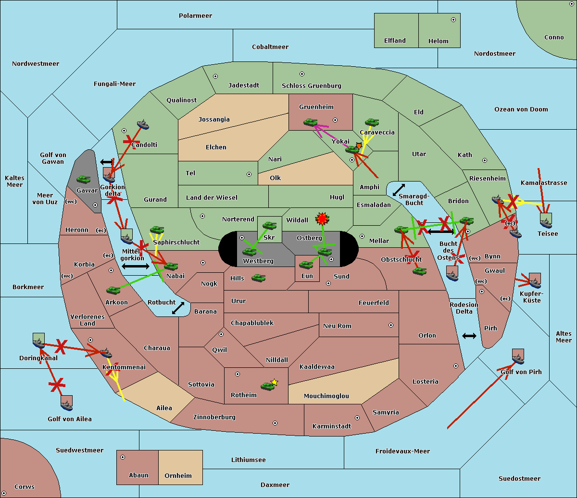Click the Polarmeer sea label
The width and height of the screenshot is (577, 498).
click(195, 16)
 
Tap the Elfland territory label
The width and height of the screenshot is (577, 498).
click(395, 41)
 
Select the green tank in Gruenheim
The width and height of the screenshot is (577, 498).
click(310, 122)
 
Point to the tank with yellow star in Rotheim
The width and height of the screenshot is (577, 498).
click(268, 385)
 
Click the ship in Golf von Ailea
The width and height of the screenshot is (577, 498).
click(67, 403)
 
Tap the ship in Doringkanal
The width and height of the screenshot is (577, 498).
click(38, 341)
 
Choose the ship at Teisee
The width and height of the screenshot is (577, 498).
click(546, 221)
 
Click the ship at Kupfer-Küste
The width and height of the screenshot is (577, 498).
click(535, 281)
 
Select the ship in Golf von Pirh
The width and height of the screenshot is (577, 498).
click(518, 357)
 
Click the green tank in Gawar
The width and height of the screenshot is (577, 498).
click(84, 180)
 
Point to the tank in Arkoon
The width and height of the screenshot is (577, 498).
click(113, 290)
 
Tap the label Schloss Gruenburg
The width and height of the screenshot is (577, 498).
click(311, 86)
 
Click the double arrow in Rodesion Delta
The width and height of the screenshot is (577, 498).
click(469, 336)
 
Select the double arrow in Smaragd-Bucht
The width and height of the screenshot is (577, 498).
click(399, 190)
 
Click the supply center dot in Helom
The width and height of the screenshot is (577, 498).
click(453, 20)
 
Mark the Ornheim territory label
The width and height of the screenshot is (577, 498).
click(178, 476)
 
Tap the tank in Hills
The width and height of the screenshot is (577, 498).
click(258, 278)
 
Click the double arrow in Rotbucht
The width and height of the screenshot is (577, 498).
click(178, 308)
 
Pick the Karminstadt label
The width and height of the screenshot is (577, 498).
click(332, 426)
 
